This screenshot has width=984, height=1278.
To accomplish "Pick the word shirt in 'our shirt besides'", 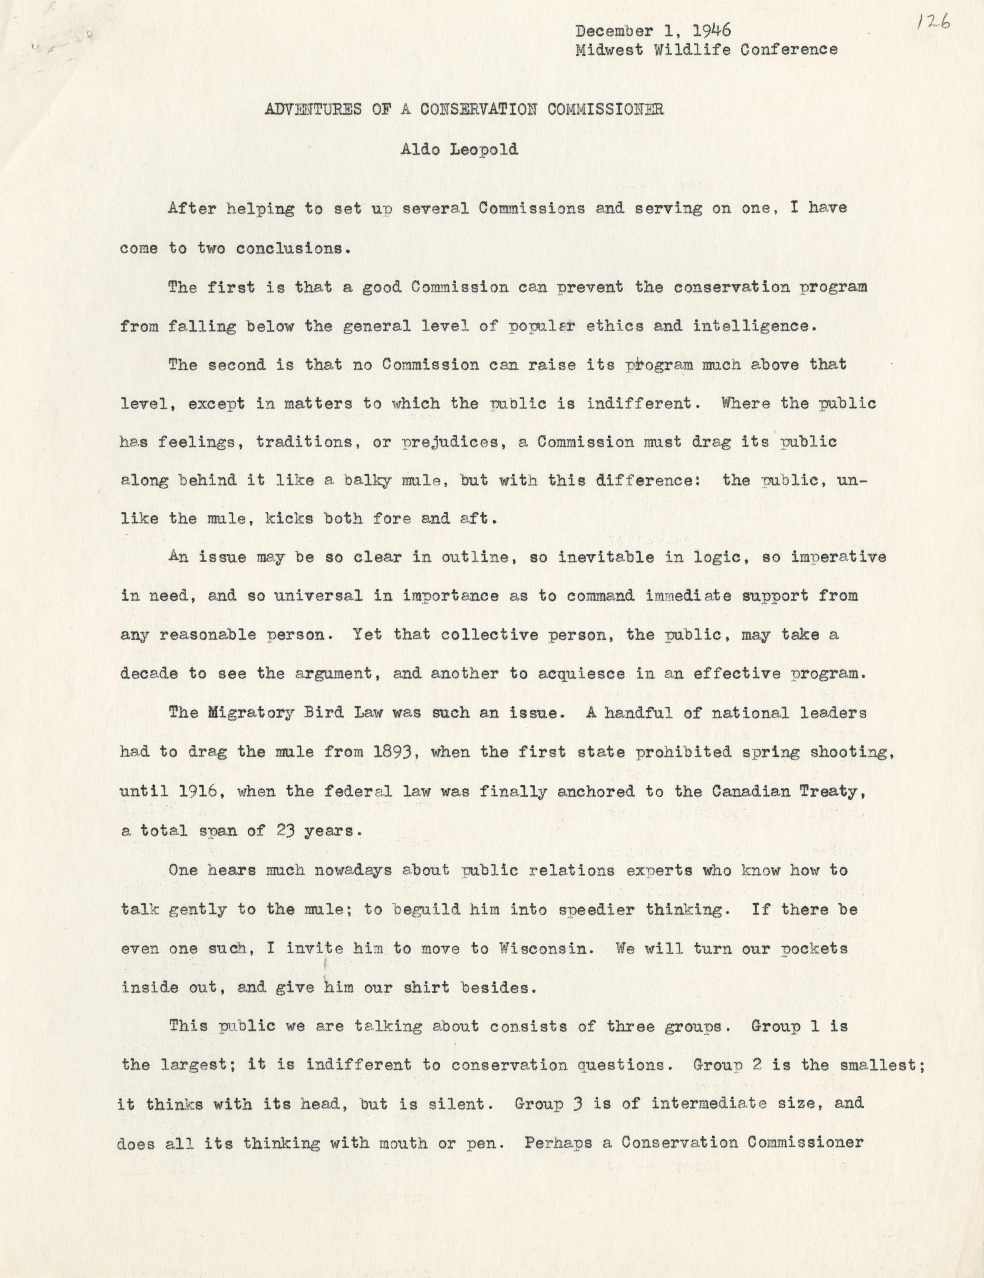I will click(429, 987).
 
